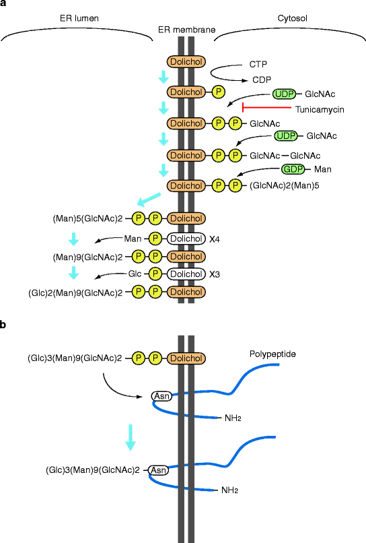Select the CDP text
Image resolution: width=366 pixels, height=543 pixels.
[x=262, y=79]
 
